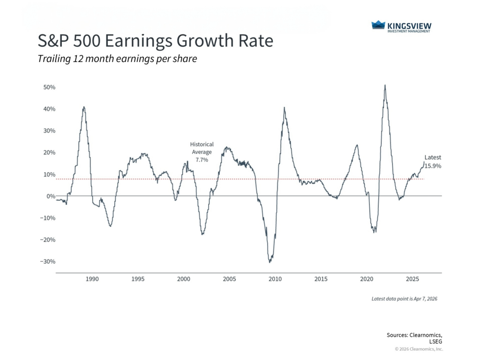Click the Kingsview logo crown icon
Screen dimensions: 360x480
[378, 25]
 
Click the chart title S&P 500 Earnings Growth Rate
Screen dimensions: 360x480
[155, 41]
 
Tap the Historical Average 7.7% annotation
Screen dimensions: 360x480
[202, 152]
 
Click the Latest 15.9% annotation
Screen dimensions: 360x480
[433, 162]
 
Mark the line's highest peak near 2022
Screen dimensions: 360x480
[385, 85]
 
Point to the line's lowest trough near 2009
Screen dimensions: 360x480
[270, 262]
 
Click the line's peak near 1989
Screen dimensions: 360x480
[84, 107]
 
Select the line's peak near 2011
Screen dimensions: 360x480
[285, 108]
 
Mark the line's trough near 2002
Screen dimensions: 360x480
[202, 234]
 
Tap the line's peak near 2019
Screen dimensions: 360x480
[357, 145]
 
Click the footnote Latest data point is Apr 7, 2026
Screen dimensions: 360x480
[404, 299]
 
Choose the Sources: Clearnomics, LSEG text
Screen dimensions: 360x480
[414, 338]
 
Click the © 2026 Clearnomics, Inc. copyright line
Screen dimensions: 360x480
[419, 349]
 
